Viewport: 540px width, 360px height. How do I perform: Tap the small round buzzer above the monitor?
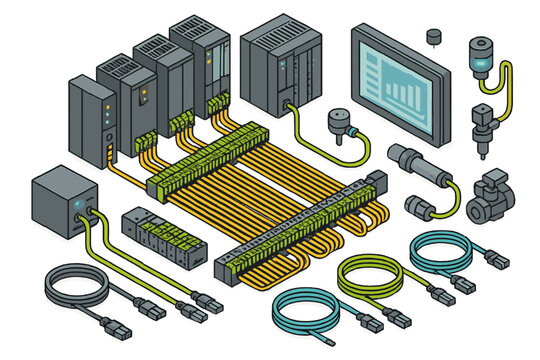433,37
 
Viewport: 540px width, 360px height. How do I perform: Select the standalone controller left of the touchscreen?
286,63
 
